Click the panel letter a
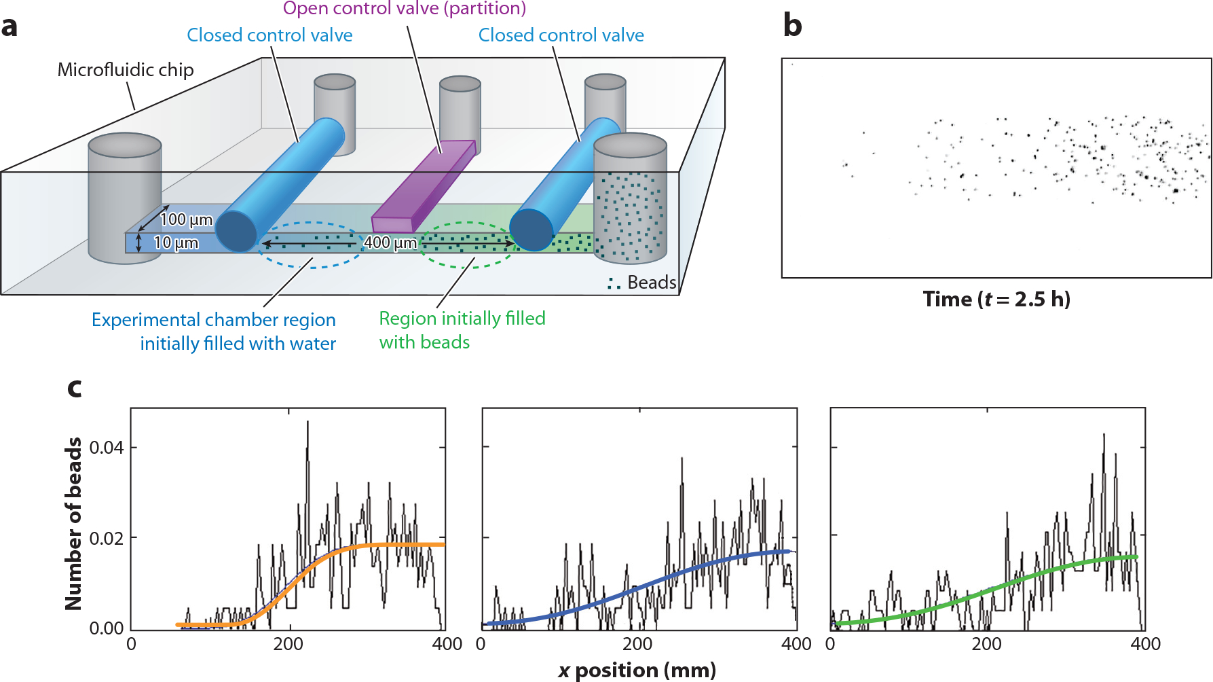tap(9, 27)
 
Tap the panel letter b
tap(792, 25)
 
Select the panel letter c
tap(75, 388)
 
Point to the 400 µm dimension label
tap(390, 243)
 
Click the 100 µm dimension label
tap(187, 219)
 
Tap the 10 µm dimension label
tap(176, 243)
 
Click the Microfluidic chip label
tap(126, 69)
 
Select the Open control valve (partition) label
tap(405, 8)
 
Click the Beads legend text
tap(652, 282)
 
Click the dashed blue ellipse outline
tap(312, 267)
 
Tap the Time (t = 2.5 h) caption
tap(996, 299)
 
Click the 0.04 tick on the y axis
tap(107, 447)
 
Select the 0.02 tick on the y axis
tap(107, 538)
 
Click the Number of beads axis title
tap(73, 523)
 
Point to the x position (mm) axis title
tap(637, 670)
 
